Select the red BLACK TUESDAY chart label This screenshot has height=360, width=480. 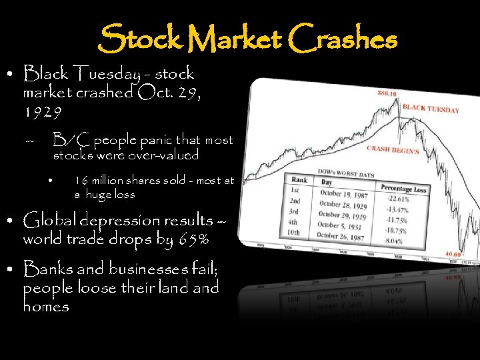[431, 109]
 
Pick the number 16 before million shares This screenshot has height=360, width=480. [81, 181]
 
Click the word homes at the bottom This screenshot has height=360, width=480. [46, 307]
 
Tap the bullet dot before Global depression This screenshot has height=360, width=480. [13, 221]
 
